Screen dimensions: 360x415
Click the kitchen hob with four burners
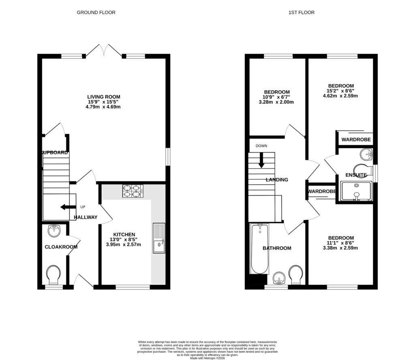click(133, 191)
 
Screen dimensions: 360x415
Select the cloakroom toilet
click(53, 275)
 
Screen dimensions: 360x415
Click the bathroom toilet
click(296, 275)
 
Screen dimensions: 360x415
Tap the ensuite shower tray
click(356, 191)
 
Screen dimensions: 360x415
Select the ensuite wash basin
click(367, 154)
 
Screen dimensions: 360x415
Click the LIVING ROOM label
click(104, 97)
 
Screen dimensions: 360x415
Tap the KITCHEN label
click(124, 234)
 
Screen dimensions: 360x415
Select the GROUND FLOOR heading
click(96, 13)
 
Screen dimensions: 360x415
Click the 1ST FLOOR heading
click(301, 13)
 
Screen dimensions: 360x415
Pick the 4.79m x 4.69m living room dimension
click(104, 107)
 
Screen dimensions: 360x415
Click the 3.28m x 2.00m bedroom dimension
click(277, 102)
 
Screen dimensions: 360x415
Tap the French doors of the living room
click(105, 51)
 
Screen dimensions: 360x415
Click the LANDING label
click(276, 180)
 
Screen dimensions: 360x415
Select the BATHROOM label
click(277, 248)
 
